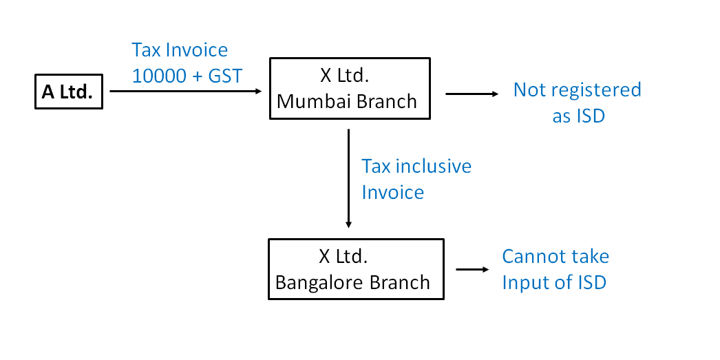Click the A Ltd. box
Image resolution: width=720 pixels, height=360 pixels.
pyautogui.click(x=68, y=92)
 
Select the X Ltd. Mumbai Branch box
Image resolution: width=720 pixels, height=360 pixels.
pyautogui.click(x=350, y=88)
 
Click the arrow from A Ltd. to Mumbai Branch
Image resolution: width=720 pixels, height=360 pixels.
pyautogui.click(x=186, y=91)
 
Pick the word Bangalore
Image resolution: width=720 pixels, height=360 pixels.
pyautogui.click(x=315, y=282)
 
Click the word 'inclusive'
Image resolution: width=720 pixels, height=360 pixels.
pyautogui.click(x=434, y=167)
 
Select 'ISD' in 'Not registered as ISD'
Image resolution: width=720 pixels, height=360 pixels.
pyautogui.click(x=589, y=116)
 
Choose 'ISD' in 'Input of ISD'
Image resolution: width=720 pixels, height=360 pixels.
pyautogui.click(x=589, y=282)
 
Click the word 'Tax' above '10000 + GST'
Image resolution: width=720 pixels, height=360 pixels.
pyautogui.click(x=147, y=50)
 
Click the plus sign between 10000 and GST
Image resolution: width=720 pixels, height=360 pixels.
pyautogui.click(x=197, y=76)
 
